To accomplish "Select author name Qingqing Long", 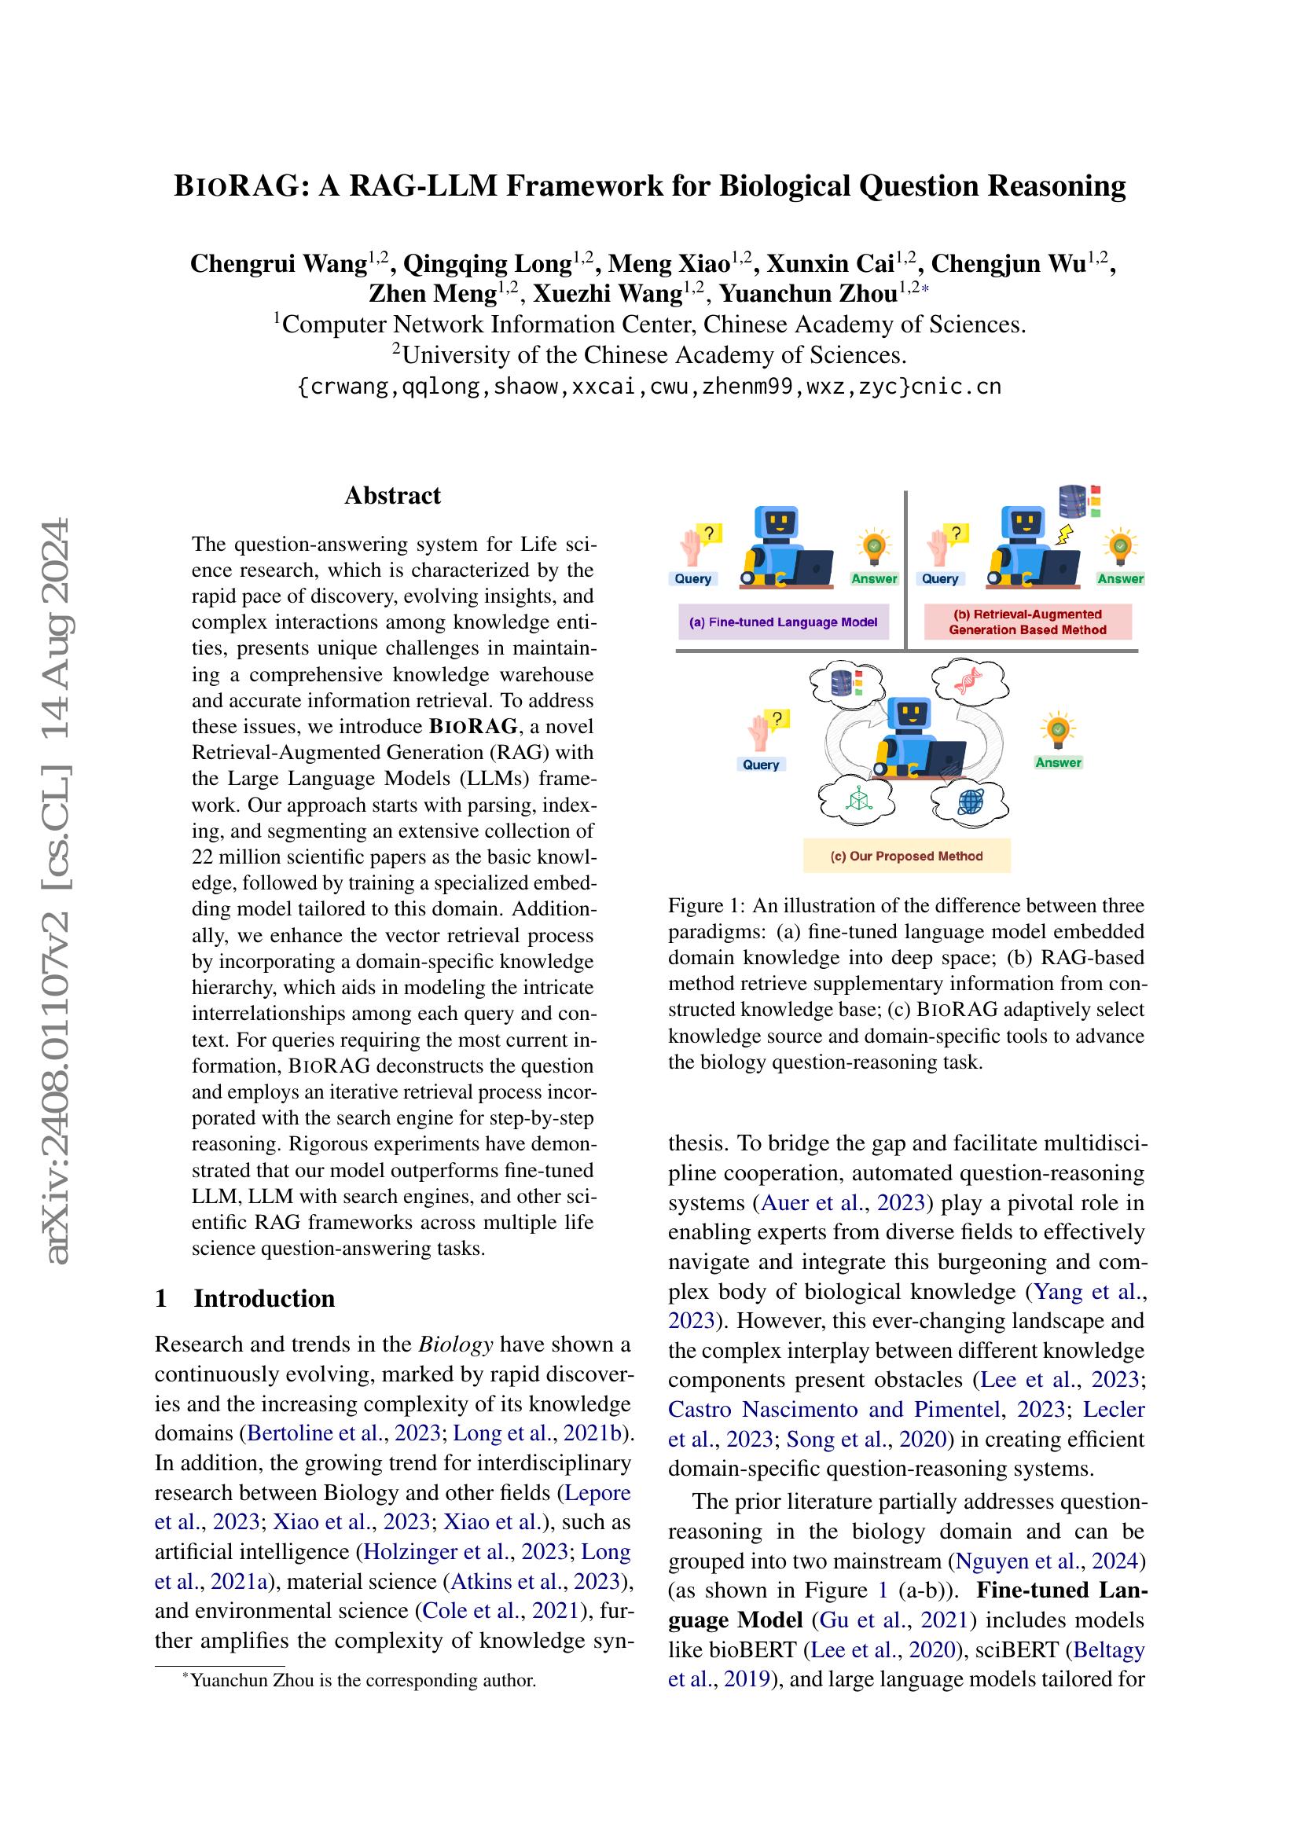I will coord(487,263).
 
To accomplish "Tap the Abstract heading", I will coord(392,496).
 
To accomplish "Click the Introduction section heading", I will coord(263,1297).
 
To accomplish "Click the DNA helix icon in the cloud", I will coord(968,681).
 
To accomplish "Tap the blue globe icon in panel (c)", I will coord(969,801).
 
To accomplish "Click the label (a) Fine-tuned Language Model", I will coord(784,622).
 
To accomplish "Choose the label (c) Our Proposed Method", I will coord(906,856).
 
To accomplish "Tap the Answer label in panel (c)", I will coord(1057,762).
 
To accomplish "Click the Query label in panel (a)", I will coord(692,579).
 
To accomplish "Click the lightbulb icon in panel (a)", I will coord(874,547).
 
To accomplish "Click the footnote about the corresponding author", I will coord(362,1680).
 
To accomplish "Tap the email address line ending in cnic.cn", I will coord(648,387).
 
